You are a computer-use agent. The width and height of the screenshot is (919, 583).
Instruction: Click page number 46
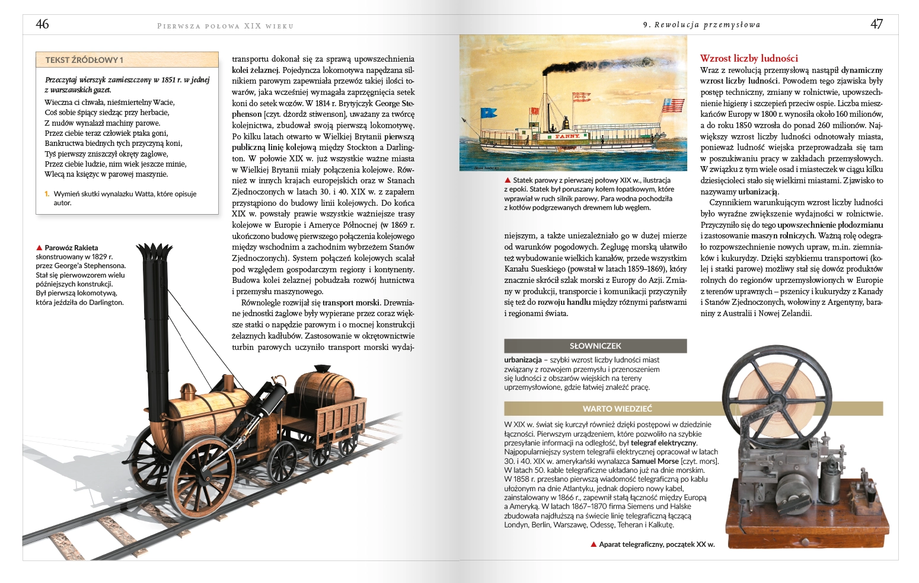tap(42, 24)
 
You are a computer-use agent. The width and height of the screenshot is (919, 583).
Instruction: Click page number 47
tap(876, 24)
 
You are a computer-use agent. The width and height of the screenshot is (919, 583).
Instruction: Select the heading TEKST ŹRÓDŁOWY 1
tap(84, 60)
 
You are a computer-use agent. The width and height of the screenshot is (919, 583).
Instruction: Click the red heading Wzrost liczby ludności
tap(749, 58)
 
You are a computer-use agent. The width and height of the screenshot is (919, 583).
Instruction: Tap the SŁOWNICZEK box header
tap(595, 346)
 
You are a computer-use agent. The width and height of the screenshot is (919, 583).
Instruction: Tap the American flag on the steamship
tap(672, 105)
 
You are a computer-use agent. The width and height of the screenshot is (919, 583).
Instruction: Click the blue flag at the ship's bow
tap(489, 113)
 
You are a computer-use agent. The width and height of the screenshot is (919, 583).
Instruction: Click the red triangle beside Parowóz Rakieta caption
tap(39, 248)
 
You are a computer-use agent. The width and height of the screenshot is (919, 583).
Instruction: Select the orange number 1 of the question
tap(47, 194)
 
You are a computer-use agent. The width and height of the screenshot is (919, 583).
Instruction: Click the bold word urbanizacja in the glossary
tap(523, 360)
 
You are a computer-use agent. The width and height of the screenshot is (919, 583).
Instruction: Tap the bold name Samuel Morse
tap(655, 461)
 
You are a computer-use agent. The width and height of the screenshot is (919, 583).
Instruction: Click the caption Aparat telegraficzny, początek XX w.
tap(656, 544)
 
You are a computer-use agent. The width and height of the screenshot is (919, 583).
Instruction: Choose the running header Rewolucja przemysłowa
tap(707, 25)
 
